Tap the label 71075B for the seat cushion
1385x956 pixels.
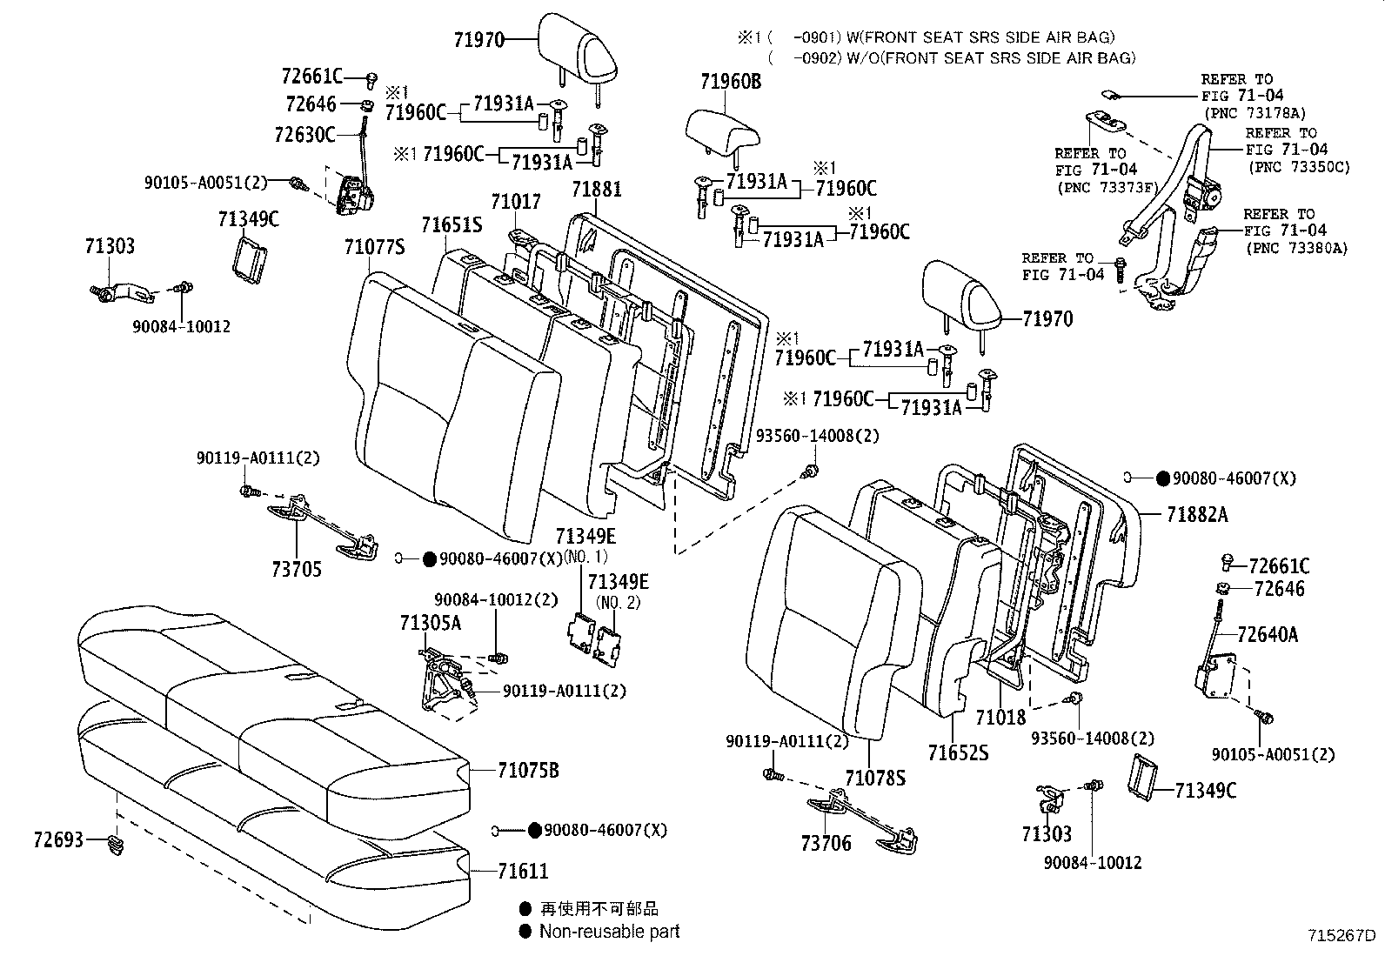click(x=528, y=770)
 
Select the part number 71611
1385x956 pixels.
click(x=523, y=871)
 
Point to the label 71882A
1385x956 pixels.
click(x=1197, y=514)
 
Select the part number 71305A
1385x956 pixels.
click(x=430, y=623)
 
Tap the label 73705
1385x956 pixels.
click(x=296, y=569)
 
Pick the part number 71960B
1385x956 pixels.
click(x=730, y=82)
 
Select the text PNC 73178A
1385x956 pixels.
click(x=1254, y=113)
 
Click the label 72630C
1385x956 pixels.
click(x=304, y=135)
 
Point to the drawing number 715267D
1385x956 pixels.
click(x=1341, y=937)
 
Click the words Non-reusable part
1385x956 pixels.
click(x=609, y=932)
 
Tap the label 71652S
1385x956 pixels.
click(x=958, y=752)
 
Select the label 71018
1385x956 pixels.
click(x=1000, y=717)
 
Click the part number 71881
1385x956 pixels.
click(x=597, y=189)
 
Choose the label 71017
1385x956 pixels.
click(x=515, y=202)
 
